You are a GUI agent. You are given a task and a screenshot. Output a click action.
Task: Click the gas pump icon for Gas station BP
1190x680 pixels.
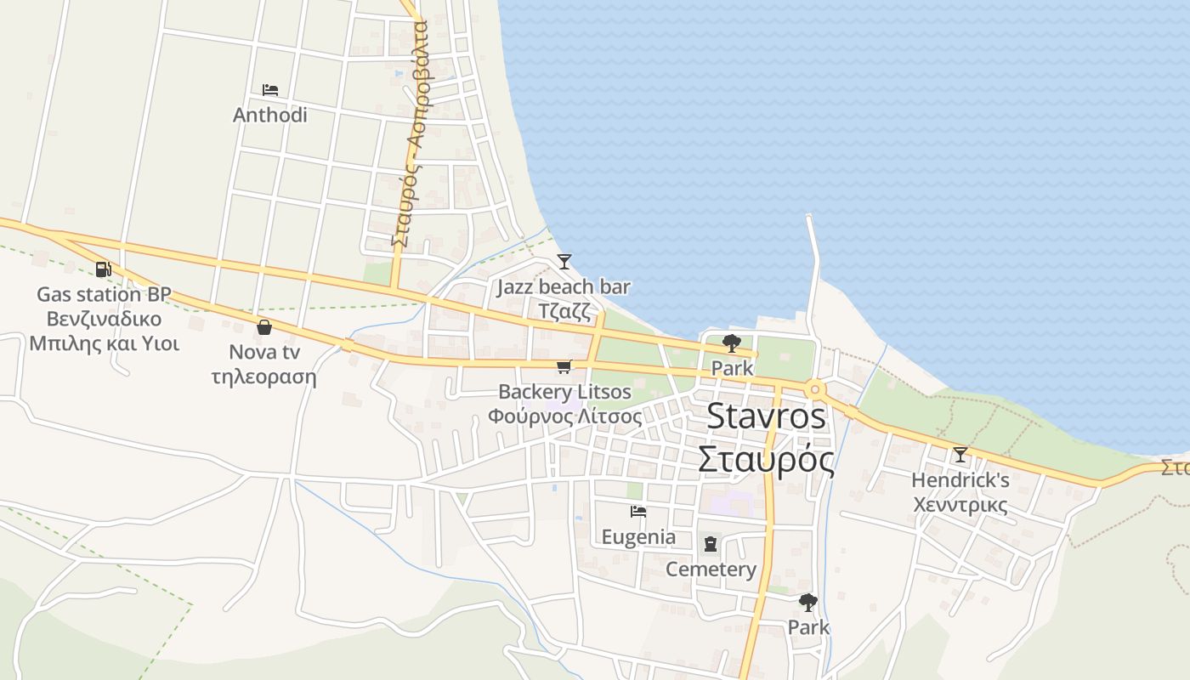pyautogui.click(x=103, y=269)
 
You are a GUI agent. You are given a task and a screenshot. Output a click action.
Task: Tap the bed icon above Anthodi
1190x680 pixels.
pyautogui.click(x=270, y=89)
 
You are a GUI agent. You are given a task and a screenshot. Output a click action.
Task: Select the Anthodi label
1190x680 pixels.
pyautogui.click(x=270, y=115)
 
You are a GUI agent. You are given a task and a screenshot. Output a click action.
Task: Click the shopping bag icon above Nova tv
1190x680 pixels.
pyautogui.click(x=264, y=327)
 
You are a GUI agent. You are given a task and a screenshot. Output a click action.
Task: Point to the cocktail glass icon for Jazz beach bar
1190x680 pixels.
pyautogui.click(x=564, y=261)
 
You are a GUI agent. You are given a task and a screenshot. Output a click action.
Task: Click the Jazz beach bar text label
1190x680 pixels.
pyautogui.click(x=564, y=287)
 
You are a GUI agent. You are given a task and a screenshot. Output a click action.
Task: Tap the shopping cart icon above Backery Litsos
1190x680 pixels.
pyautogui.click(x=563, y=366)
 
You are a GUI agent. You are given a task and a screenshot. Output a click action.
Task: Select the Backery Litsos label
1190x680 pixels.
pyautogui.click(x=564, y=392)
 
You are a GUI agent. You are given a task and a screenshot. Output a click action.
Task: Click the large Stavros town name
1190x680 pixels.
pyautogui.click(x=766, y=416)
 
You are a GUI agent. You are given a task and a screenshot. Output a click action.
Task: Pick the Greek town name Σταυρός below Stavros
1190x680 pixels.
pyautogui.click(x=766, y=459)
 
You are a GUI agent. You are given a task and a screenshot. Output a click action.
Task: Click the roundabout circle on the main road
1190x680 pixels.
pyautogui.click(x=815, y=390)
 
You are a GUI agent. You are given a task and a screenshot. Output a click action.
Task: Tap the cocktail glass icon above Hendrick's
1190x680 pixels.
pyautogui.click(x=960, y=455)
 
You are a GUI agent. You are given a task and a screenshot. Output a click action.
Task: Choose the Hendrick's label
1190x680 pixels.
pyautogui.click(x=960, y=481)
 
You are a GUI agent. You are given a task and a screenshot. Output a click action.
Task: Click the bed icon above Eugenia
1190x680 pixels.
pyautogui.click(x=638, y=512)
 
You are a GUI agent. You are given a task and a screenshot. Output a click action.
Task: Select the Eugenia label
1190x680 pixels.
pyautogui.click(x=638, y=537)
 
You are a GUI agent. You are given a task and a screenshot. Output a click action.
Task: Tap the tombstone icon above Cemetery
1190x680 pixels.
pyautogui.click(x=711, y=544)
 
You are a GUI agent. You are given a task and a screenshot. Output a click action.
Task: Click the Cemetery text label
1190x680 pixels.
pyautogui.click(x=711, y=569)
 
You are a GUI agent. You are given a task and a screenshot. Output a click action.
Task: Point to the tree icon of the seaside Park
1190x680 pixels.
pyautogui.click(x=731, y=343)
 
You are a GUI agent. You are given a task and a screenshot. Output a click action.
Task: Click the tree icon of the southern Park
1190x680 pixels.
pyautogui.click(x=807, y=603)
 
